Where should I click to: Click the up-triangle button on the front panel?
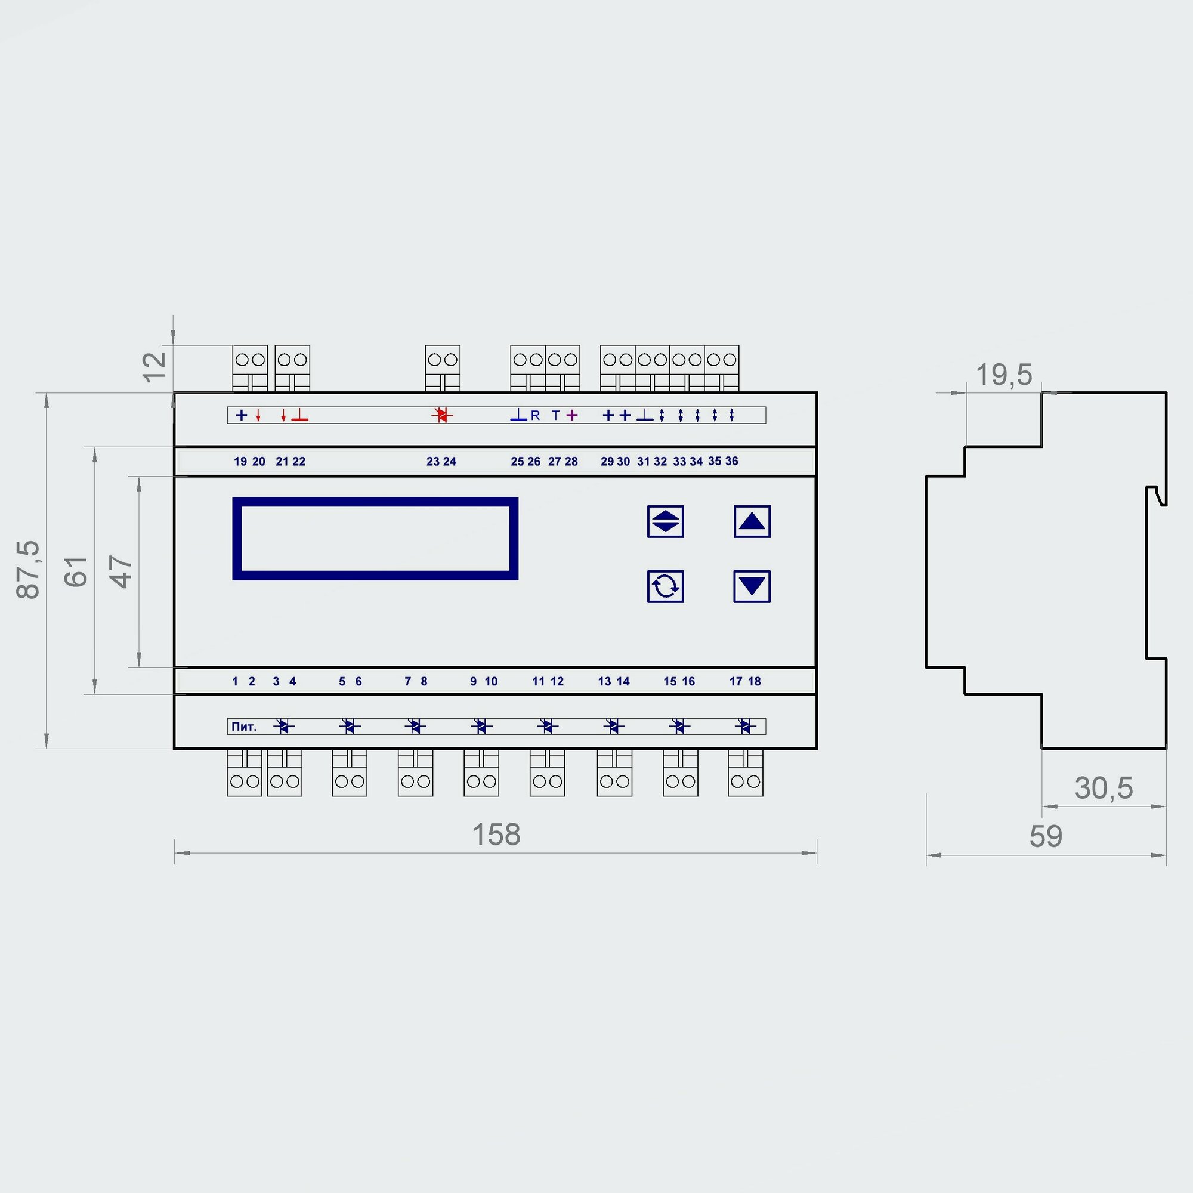click(x=752, y=522)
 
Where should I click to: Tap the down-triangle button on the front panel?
click(x=752, y=586)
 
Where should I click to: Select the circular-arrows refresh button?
click(x=665, y=586)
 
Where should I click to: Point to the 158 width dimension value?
click(x=496, y=835)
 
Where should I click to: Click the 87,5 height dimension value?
click(x=28, y=569)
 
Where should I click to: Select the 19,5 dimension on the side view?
click(x=1003, y=375)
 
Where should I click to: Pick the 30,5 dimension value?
click(x=1104, y=788)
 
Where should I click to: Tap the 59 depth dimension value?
click(x=1046, y=836)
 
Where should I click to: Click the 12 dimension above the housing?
click(x=154, y=367)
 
